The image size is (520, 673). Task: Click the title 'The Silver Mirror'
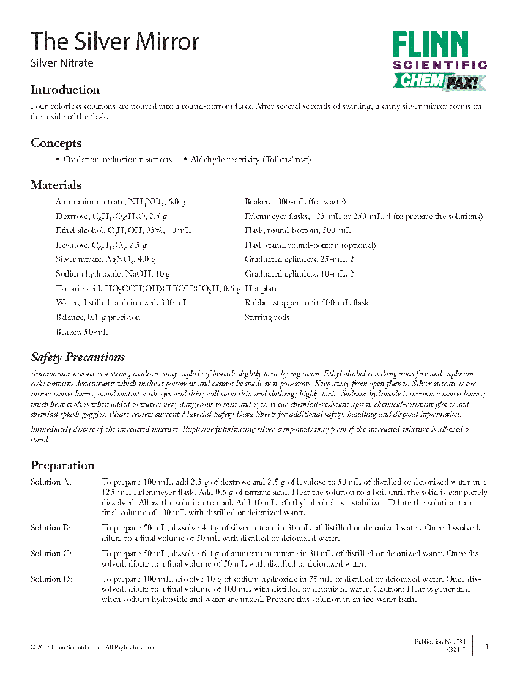(x=115, y=42)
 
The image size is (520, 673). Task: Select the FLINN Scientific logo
(x=439, y=60)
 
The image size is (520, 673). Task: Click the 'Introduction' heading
(x=65, y=90)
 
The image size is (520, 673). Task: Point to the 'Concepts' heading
(x=56, y=143)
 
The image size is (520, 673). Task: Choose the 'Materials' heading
(x=56, y=185)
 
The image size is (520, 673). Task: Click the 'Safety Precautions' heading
(x=78, y=357)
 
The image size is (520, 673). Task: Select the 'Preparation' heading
(x=62, y=466)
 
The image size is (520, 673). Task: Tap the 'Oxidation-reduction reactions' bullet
(x=117, y=160)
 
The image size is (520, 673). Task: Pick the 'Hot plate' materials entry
(x=261, y=288)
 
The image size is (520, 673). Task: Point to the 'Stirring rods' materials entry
(x=267, y=318)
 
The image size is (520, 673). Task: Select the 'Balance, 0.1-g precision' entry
(x=98, y=318)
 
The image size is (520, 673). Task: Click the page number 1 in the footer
(x=486, y=646)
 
